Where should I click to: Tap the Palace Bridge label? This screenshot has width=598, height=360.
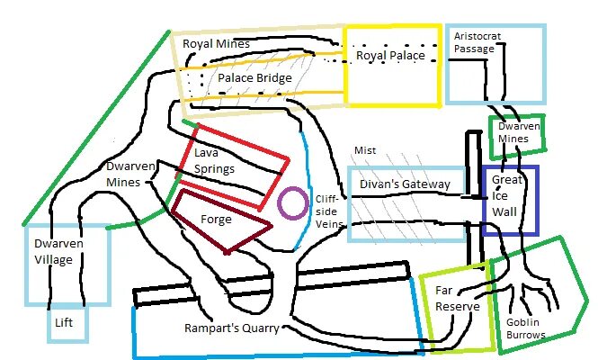pos(255,79)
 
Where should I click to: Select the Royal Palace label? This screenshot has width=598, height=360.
pos(390,56)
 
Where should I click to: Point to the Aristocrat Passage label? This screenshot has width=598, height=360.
pos(476,42)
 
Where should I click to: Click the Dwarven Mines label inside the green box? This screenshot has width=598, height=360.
pos(519,133)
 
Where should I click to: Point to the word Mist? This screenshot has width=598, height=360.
pos(365,150)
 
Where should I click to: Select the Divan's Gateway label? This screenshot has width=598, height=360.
pos(404,184)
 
